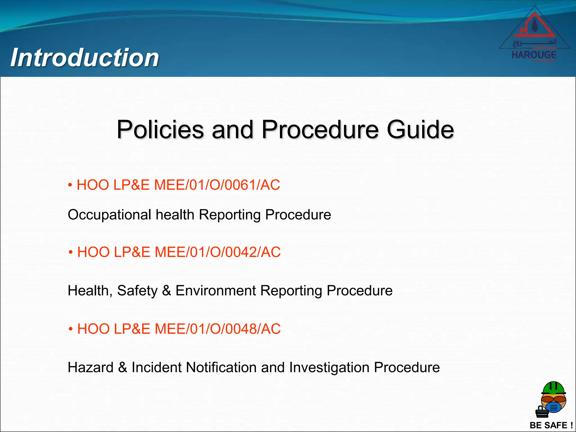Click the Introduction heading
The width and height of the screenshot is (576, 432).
[x=85, y=57]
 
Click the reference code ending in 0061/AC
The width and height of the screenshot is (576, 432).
[x=178, y=185]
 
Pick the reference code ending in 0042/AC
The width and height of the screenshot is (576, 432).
[x=179, y=252]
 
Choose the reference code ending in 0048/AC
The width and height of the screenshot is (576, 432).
[x=179, y=328]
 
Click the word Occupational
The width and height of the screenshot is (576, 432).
[x=110, y=215]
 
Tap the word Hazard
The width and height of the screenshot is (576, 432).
[x=91, y=367]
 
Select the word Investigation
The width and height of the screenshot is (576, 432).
[x=329, y=367]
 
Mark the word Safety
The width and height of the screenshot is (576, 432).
[x=137, y=291]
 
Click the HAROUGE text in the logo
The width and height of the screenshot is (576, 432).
[x=534, y=55]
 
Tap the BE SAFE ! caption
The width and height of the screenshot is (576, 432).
[x=551, y=425]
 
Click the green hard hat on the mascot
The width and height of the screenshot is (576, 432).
[x=553, y=388]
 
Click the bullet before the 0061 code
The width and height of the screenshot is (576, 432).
[x=70, y=185]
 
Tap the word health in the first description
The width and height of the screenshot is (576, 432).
[x=175, y=215]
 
